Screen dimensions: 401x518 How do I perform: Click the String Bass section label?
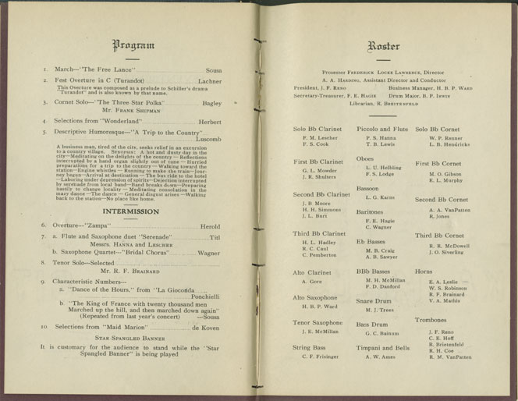[x=309, y=346]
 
